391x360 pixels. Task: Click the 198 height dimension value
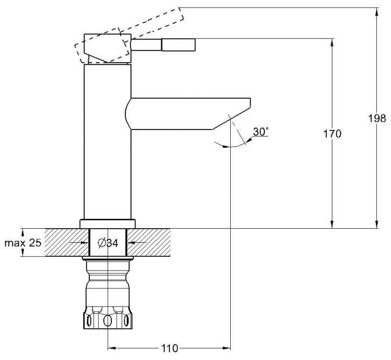pos(377,118)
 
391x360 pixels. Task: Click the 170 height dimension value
pos(332,134)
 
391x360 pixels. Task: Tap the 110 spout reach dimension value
pos(169,348)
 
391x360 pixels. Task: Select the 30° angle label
pos(261,131)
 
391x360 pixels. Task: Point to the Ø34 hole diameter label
pos(108,243)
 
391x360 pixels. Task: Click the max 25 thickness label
pos(23,243)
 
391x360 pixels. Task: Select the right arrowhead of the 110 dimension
pos(226,348)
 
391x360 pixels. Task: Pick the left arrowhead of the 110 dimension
pos(112,348)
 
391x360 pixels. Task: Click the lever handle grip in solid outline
pos(178,45)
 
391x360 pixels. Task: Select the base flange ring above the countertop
pos(108,224)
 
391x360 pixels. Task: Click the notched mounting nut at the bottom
pos(108,317)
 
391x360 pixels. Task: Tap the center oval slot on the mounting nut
pos(108,321)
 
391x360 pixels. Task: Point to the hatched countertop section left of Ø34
pos(67,242)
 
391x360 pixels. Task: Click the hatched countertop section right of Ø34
pos(149,242)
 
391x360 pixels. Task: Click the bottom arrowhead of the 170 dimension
pos(332,224)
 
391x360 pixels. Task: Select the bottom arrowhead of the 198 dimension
pos(377,224)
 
